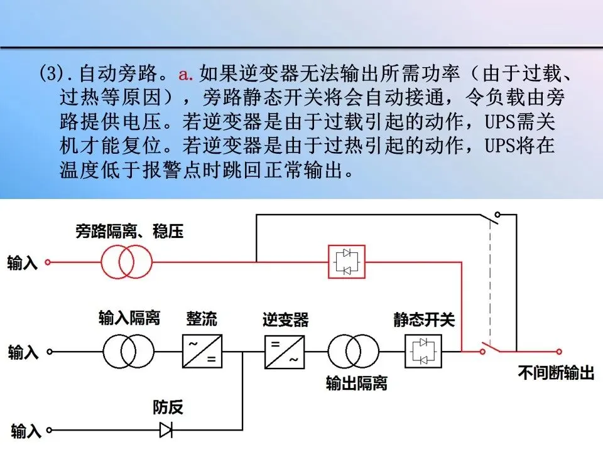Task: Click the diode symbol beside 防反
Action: (x=166, y=430)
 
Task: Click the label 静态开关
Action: (x=423, y=320)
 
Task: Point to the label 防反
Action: (x=168, y=407)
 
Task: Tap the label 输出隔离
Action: (x=356, y=383)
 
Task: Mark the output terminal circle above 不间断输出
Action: (x=559, y=352)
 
